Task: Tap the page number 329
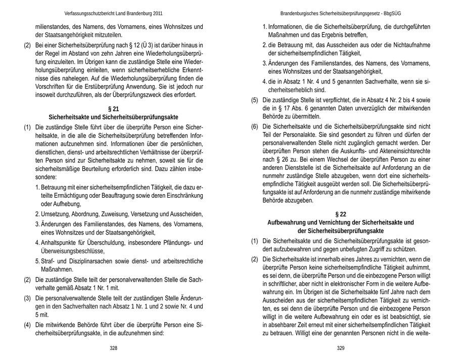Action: click(x=340, y=348)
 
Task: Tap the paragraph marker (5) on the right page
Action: click(x=255, y=100)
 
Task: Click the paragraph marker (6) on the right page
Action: click(x=255, y=126)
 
